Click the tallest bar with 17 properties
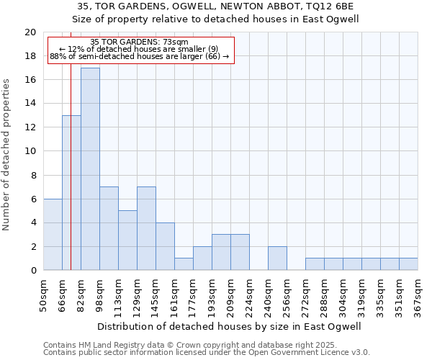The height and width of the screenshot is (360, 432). tap(90, 169)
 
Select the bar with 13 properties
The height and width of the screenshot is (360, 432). tap(71, 193)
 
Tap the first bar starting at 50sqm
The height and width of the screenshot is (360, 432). tap(53, 235)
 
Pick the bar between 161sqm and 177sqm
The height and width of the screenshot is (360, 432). tap(184, 264)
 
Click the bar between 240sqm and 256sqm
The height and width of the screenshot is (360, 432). tap(277, 258)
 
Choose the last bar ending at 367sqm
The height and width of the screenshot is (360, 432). tap(408, 264)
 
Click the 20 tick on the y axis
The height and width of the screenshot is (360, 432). tap(30, 32)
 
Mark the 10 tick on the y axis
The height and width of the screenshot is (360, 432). tap(30, 151)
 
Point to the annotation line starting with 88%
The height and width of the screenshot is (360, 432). tap(140, 56)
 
